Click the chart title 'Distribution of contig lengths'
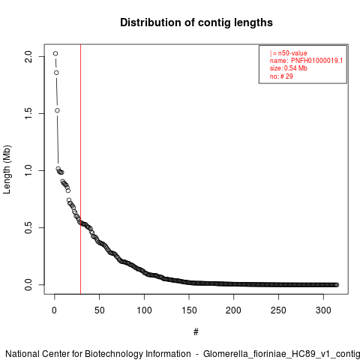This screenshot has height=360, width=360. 196,22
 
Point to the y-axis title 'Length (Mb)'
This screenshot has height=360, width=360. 7,169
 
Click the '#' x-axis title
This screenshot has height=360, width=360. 196,332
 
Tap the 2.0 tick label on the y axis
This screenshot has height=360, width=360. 28,56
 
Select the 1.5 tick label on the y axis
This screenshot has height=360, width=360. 28,113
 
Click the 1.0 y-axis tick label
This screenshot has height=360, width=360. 28,170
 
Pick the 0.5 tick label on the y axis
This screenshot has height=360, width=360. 28,227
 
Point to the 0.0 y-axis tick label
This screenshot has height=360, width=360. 28,284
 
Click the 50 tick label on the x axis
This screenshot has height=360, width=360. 99,310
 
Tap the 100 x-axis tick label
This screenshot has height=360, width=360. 144,310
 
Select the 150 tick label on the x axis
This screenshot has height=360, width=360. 189,310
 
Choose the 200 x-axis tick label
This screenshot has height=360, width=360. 233,310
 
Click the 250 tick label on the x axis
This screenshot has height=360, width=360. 278,310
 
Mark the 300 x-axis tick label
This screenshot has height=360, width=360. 323,310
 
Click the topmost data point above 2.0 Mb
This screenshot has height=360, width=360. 55,53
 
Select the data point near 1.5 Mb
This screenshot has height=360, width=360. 57,110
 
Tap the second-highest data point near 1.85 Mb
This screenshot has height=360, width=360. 56,73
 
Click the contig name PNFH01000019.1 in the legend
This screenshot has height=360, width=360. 316,61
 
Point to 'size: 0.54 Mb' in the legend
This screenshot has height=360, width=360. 289,68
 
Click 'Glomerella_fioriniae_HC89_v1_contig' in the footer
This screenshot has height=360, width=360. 281,354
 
